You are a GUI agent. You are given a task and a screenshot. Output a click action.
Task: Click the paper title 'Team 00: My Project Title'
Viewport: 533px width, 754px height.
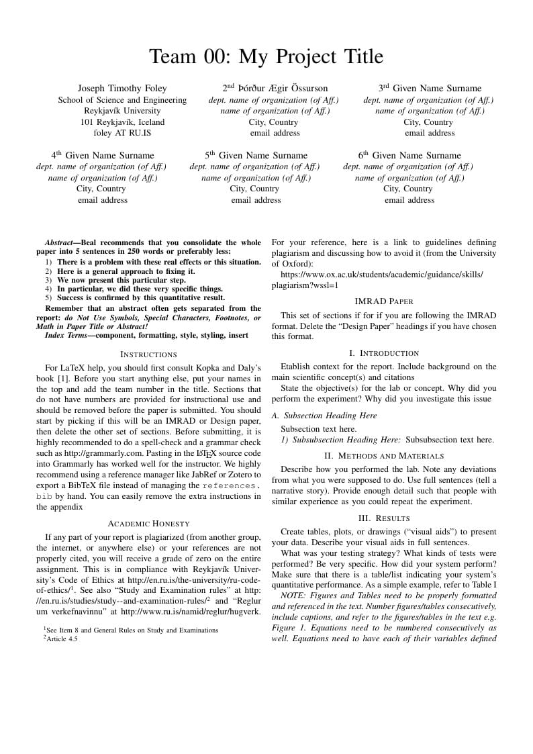click(x=266, y=56)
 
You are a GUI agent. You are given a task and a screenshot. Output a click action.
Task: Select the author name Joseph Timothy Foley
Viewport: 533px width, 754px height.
click(x=122, y=89)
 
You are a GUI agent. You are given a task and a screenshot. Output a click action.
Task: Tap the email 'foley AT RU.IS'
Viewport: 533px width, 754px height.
click(x=122, y=133)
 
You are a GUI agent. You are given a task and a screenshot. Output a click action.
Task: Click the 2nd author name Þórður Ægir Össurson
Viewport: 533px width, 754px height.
click(x=275, y=89)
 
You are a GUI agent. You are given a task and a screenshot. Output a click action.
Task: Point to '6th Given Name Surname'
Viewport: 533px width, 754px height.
click(x=409, y=155)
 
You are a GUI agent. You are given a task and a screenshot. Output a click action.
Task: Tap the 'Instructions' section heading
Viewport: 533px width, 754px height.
click(x=148, y=354)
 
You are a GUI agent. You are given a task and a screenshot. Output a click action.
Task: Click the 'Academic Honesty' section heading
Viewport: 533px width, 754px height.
click(x=148, y=524)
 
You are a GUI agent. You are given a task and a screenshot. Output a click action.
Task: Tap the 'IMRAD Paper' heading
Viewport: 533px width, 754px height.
click(x=384, y=301)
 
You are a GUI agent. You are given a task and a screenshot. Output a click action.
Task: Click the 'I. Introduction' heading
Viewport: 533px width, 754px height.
click(x=384, y=353)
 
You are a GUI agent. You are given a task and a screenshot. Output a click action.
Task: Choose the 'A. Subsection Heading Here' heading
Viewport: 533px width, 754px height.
click(x=324, y=416)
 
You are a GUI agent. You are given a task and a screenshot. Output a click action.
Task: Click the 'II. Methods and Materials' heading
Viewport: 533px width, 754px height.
click(x=384, y=456)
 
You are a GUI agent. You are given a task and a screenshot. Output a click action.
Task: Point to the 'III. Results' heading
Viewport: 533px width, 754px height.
click(x=384, y=518)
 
